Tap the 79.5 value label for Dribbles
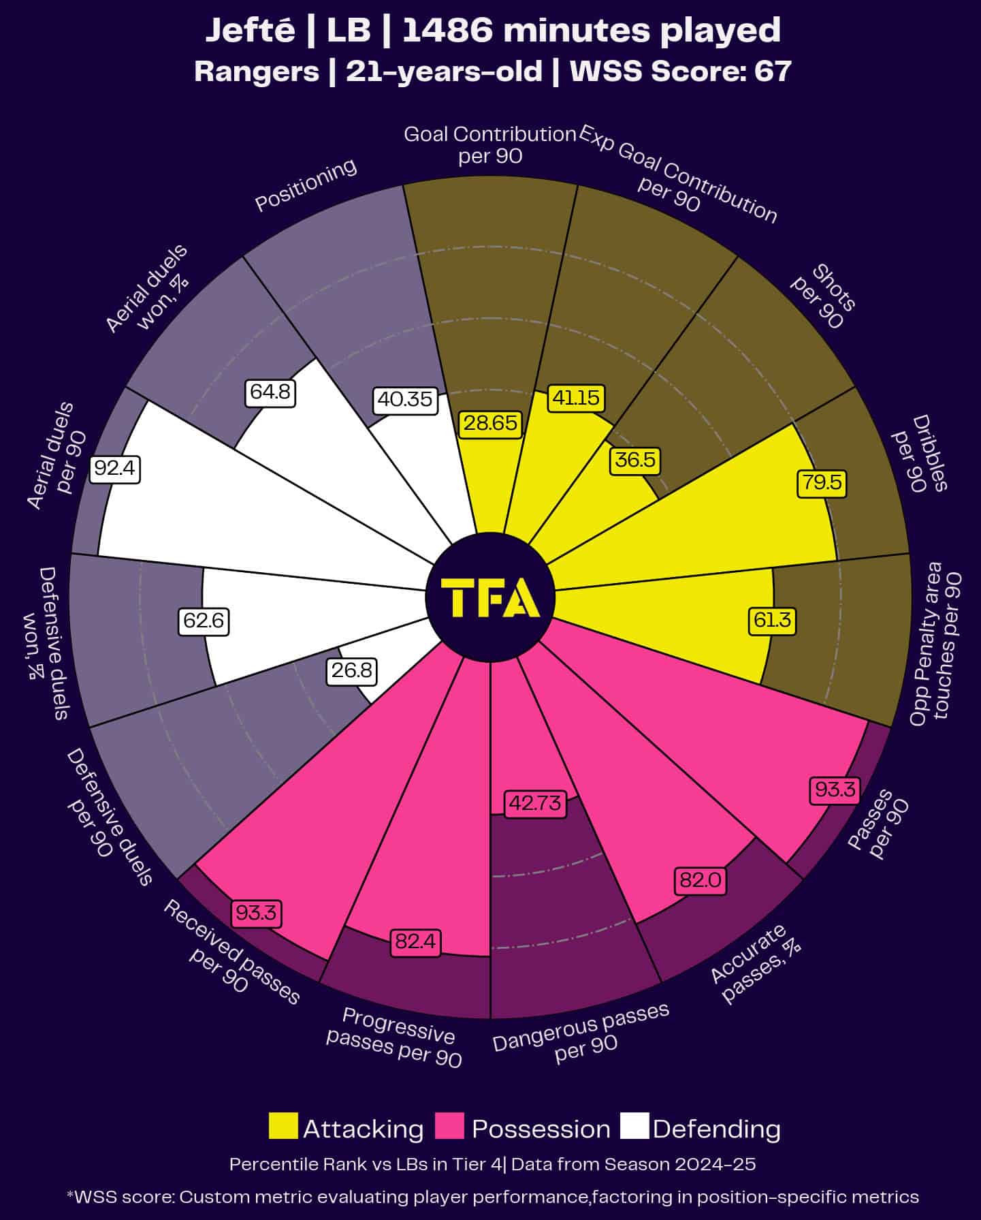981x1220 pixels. tap(821, 483)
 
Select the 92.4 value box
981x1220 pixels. tap(115, 469)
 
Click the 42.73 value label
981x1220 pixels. tap(535, 803)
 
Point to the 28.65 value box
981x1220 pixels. tap(490, 423)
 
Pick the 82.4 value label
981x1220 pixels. tap(415, 942)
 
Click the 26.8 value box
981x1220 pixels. tap(351, 671)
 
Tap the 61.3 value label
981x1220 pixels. tap(773, 620)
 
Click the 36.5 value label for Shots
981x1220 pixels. tap(634, 460)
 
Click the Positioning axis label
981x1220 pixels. tap(306, 185)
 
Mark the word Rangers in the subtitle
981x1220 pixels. tap(256, 72)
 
